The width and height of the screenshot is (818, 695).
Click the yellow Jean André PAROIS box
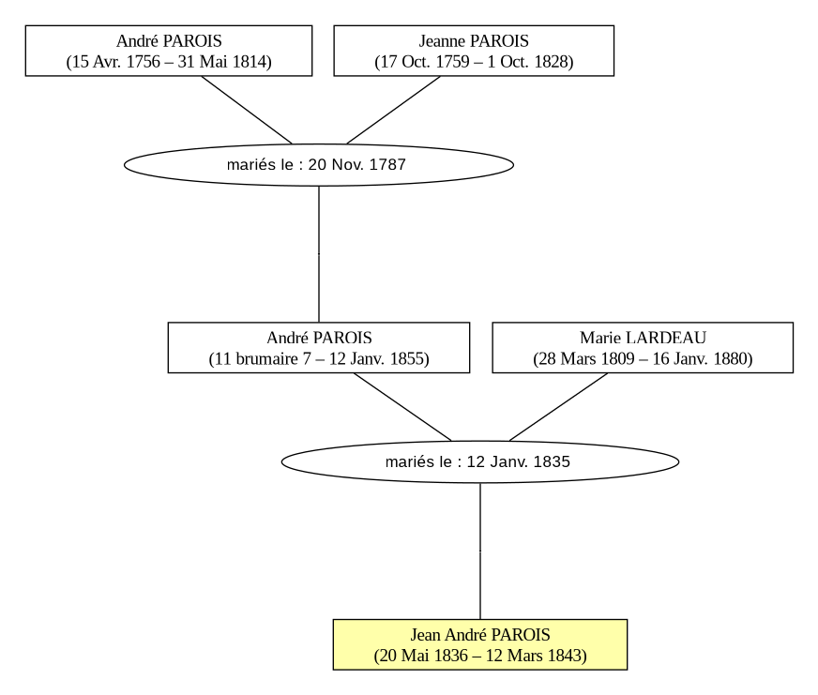480,644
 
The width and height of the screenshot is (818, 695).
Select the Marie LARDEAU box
643,347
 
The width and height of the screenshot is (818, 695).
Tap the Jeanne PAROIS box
474,51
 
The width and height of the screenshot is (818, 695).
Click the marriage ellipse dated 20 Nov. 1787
319,165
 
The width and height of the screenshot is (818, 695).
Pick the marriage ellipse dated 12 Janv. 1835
480,461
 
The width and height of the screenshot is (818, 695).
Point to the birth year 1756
143,62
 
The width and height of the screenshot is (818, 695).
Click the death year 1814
249,62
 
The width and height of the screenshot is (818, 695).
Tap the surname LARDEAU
666,338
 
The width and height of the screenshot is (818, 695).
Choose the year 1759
452,62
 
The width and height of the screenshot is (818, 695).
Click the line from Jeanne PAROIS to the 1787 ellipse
393,110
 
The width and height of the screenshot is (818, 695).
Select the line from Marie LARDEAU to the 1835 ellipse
558,407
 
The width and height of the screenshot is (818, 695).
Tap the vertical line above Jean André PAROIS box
480,551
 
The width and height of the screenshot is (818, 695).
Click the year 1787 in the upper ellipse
387,165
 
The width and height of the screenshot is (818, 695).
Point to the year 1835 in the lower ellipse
552,461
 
